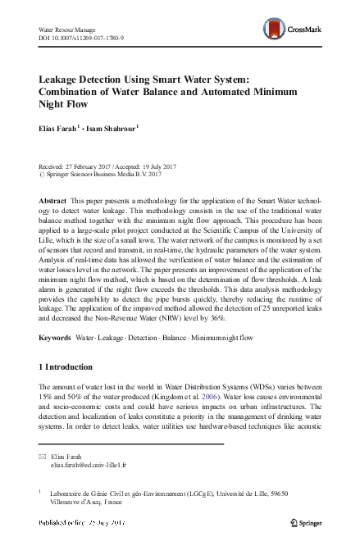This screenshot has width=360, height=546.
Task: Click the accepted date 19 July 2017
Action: coord(166,167)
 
